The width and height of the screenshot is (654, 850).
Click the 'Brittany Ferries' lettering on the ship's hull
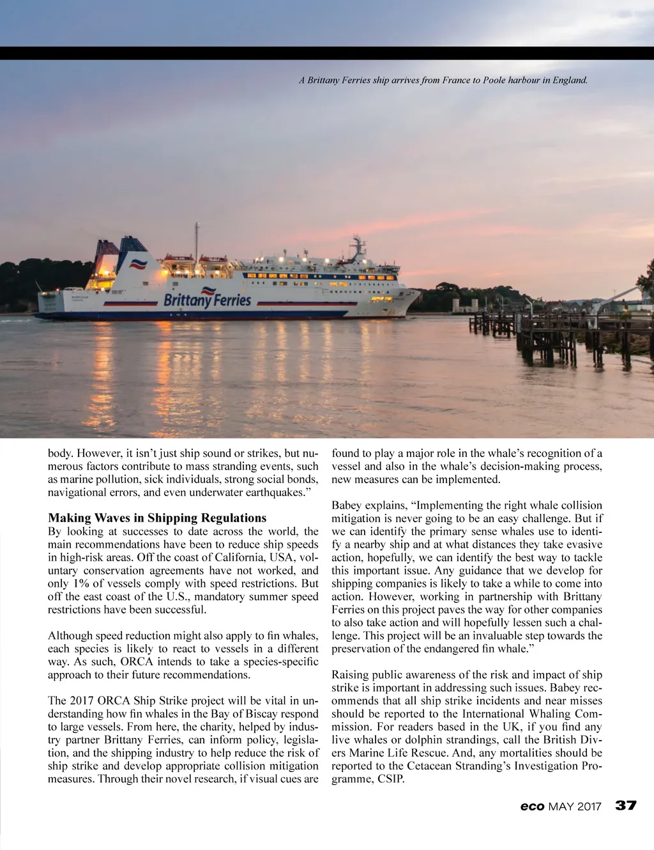pos(207,299)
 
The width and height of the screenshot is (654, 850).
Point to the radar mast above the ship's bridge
pos(359,246)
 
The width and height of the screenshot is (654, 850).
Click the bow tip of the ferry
pos(418,293)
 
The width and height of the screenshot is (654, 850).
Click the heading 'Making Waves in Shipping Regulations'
pos(157,518)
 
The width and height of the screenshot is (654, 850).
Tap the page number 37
pos(626,805)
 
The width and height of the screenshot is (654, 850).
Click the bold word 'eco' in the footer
pos(532,806)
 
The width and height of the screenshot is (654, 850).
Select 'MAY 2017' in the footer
pos(575,806)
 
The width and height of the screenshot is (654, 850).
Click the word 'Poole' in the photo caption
pos(494,81)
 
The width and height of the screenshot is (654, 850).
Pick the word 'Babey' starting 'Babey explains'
pos(347,505)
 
